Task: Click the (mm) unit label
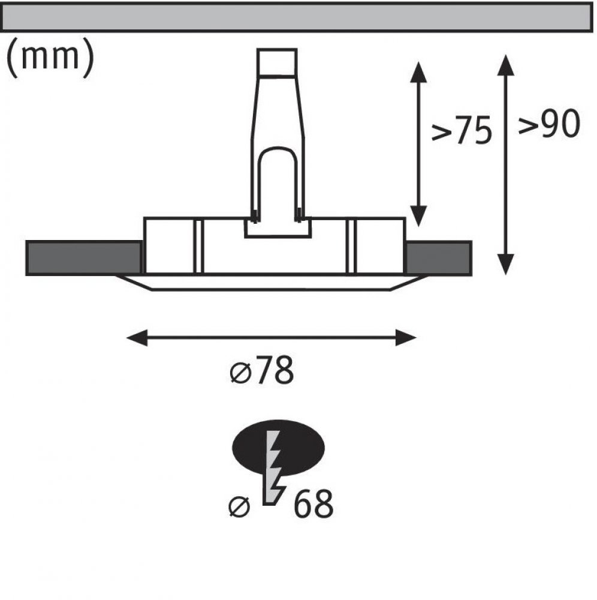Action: (50, 58)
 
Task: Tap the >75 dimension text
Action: (462, 130)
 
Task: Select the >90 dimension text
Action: (549, 124)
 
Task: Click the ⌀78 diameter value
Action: (262, 370)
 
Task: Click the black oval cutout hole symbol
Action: (279, 448)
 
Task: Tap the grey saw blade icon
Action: (274, 467)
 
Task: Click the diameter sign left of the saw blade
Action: (239, 507)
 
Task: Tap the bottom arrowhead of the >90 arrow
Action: (506, 265)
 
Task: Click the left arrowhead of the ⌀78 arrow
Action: (137, 337)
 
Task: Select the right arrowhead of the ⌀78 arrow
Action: (406, 337)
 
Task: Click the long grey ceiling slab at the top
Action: (297, 17)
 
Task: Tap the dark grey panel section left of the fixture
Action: (84, 258)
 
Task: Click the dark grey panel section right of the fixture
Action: (438, 258)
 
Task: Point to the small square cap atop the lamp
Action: (277, 62)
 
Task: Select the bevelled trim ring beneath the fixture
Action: (272, 283)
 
